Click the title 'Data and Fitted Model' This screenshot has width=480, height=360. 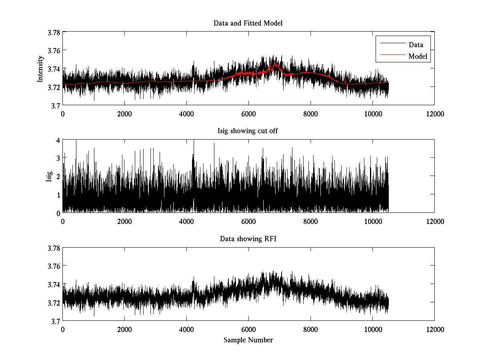click(248, 23)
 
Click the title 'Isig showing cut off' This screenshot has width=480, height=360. click(248, 131)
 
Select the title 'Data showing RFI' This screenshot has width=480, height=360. click(248, 239)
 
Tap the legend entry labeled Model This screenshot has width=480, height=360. click(418, 56)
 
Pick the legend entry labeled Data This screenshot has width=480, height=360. click(416, 45)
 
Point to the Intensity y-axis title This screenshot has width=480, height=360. click(40, 69)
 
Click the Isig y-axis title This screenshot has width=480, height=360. click(49, 176)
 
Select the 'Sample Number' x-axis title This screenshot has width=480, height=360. click(248, 340)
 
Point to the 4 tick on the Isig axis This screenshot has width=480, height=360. click(58, 140)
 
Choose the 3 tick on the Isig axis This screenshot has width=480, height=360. click(58, 158)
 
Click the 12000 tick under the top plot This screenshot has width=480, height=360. click(434, 114)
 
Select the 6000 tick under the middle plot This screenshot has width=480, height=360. click(248, 221)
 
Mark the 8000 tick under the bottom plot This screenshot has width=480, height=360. click(310, 329)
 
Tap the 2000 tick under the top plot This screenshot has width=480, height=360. click(124, 114)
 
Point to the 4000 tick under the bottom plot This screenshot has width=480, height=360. click(186, 329)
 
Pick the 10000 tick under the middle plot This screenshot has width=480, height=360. click(372, 221)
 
